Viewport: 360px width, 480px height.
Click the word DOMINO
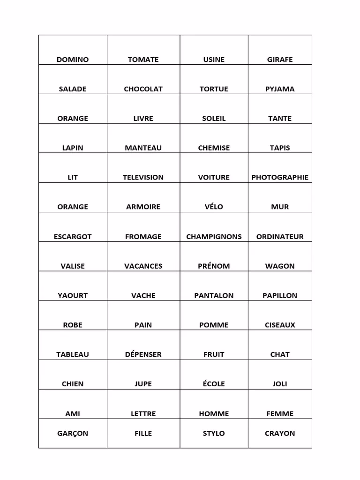click(73, 60)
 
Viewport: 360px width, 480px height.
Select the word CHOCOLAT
click(143, 89)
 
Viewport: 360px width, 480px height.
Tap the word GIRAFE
click(280, 60)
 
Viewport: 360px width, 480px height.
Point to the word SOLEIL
click(214, 119)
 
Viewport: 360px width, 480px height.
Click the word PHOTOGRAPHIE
click(280, 177)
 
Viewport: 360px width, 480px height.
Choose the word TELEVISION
click(143, 177)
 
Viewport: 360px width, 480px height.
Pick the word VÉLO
click(214, 207)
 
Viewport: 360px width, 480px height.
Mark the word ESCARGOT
click(73, 237)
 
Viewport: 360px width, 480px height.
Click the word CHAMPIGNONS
click(214, 237)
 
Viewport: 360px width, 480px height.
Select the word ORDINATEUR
click(280, 237)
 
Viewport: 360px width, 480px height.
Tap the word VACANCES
click(143, 266)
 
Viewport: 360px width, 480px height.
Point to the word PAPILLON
click(280, 296)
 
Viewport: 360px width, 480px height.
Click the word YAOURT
click(73, 296)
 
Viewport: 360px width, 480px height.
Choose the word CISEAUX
click(280, 325)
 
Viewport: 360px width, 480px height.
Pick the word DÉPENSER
click(143, 354)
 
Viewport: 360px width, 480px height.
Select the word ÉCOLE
click(214, 384)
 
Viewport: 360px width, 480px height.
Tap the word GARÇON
click(73, 434)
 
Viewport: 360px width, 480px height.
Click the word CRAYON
click(280, 434)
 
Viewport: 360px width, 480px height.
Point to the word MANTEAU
click(143, 148)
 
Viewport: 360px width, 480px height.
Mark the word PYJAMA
click(280, 89)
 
